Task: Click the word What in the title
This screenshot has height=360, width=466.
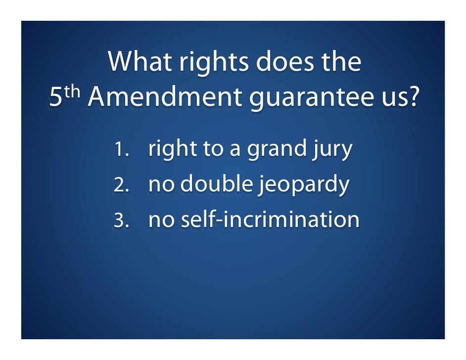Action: (137, 61)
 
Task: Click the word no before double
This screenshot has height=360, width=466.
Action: (161, 185)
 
